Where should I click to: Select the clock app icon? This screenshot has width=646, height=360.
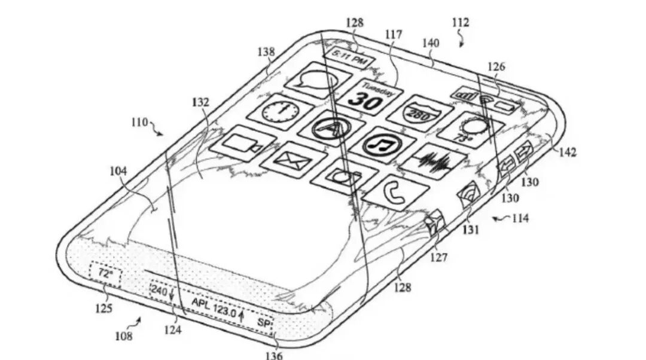279,112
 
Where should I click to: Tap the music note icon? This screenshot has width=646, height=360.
382,144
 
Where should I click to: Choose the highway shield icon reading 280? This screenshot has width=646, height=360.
418,114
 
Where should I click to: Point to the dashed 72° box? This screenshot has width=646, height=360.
105,274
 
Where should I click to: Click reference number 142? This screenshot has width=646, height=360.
568,152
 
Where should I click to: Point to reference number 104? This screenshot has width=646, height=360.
118,171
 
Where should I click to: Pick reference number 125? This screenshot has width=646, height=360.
105,310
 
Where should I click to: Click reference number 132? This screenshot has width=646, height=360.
201,103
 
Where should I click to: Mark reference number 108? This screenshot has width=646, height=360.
124,337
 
